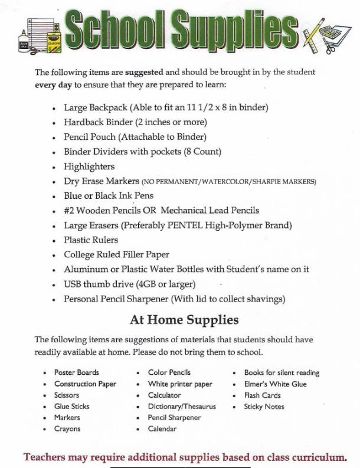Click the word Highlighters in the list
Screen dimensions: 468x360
click(x=89, y=166)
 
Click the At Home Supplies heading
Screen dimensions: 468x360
click(x=184, y=320)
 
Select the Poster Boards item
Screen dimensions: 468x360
click(x=77, y=372)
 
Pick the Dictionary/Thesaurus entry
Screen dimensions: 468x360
click(x=182, y=406)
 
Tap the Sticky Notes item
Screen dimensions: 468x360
click(x=264, y=406)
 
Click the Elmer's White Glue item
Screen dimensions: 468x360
click(x=275, y=384)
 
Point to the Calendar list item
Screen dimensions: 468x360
click(x=162, y=428)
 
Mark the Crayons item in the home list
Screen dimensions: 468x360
click(x=67, y=428)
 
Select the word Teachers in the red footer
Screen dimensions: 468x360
click(x=50, y=457)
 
